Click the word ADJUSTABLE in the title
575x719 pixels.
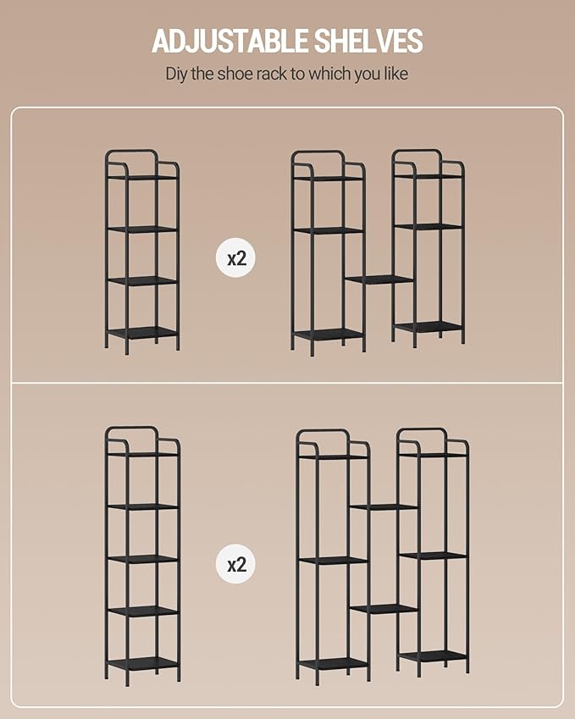(229, 41)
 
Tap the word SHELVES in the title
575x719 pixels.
(368, 41)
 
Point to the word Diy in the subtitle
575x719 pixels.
(176, 74)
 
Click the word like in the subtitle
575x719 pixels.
(396, 74)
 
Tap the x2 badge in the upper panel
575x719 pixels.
(236, 258)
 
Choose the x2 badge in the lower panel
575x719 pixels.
(236, 563)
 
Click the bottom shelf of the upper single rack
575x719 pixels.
(142, 333)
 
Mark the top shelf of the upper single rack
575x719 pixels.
(142, 177)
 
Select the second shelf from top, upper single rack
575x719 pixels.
(142, 229)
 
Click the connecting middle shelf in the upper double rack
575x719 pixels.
(379, 279)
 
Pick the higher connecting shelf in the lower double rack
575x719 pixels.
(384, 506)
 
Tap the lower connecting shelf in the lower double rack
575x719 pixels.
(384, 609)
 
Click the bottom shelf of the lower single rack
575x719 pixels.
(142, 663)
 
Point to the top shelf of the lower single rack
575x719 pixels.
(142, 455)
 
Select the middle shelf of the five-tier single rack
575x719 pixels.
(142, 559)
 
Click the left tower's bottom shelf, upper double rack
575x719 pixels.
(329, 335)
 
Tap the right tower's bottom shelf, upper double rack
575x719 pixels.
(428, 327)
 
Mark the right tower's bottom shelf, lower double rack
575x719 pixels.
(434, 655)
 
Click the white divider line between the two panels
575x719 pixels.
(287, 383)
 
